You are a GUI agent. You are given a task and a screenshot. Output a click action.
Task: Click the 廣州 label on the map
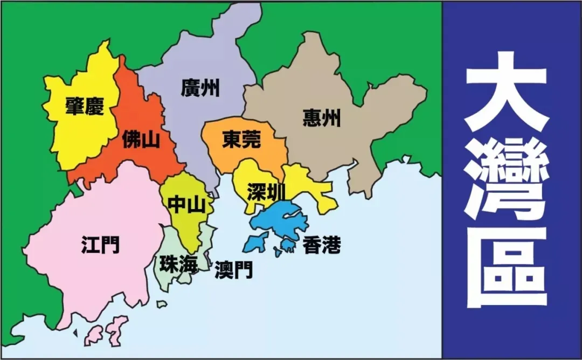200,87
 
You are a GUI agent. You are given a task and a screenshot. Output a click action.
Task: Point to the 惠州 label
322,117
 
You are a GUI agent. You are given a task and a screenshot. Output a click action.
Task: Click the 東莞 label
241,140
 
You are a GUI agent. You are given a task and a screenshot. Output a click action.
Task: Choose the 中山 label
186,204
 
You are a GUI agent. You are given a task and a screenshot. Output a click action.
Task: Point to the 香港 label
322,246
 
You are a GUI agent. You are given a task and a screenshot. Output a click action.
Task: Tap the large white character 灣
506,178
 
